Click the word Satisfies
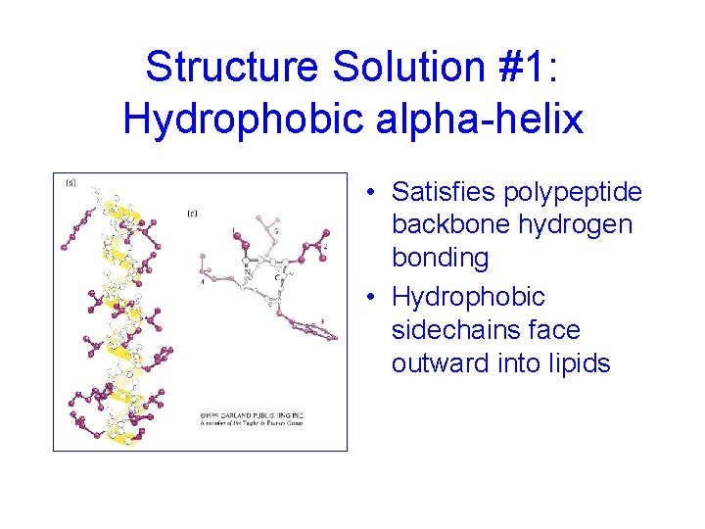(445, 191)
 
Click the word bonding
(440, 258)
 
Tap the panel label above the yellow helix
(70, 183)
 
